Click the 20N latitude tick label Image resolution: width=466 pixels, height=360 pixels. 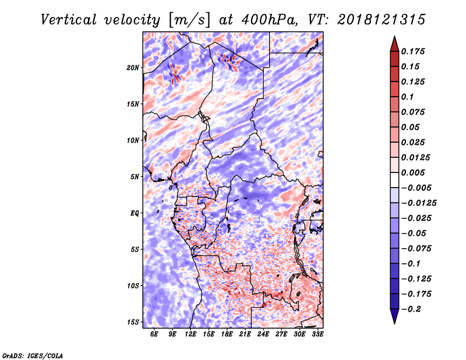tap(133, 68)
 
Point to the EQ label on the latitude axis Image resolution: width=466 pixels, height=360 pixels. tap(135, 213)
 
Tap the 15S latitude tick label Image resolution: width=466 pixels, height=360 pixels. tap(133, 322)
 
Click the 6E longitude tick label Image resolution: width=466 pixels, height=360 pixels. tap(154, 334)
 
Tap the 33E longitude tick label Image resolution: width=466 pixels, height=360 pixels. tap(317, 334)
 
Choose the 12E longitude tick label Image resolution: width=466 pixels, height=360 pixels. tap(190, 334)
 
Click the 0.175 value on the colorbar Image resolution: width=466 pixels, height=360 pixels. tap(416, 51)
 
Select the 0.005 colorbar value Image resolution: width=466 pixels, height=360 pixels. tap(416, 172)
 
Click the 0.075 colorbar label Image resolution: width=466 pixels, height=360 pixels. tap(416, 112)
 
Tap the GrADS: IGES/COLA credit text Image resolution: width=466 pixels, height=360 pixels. tap(32, 355)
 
